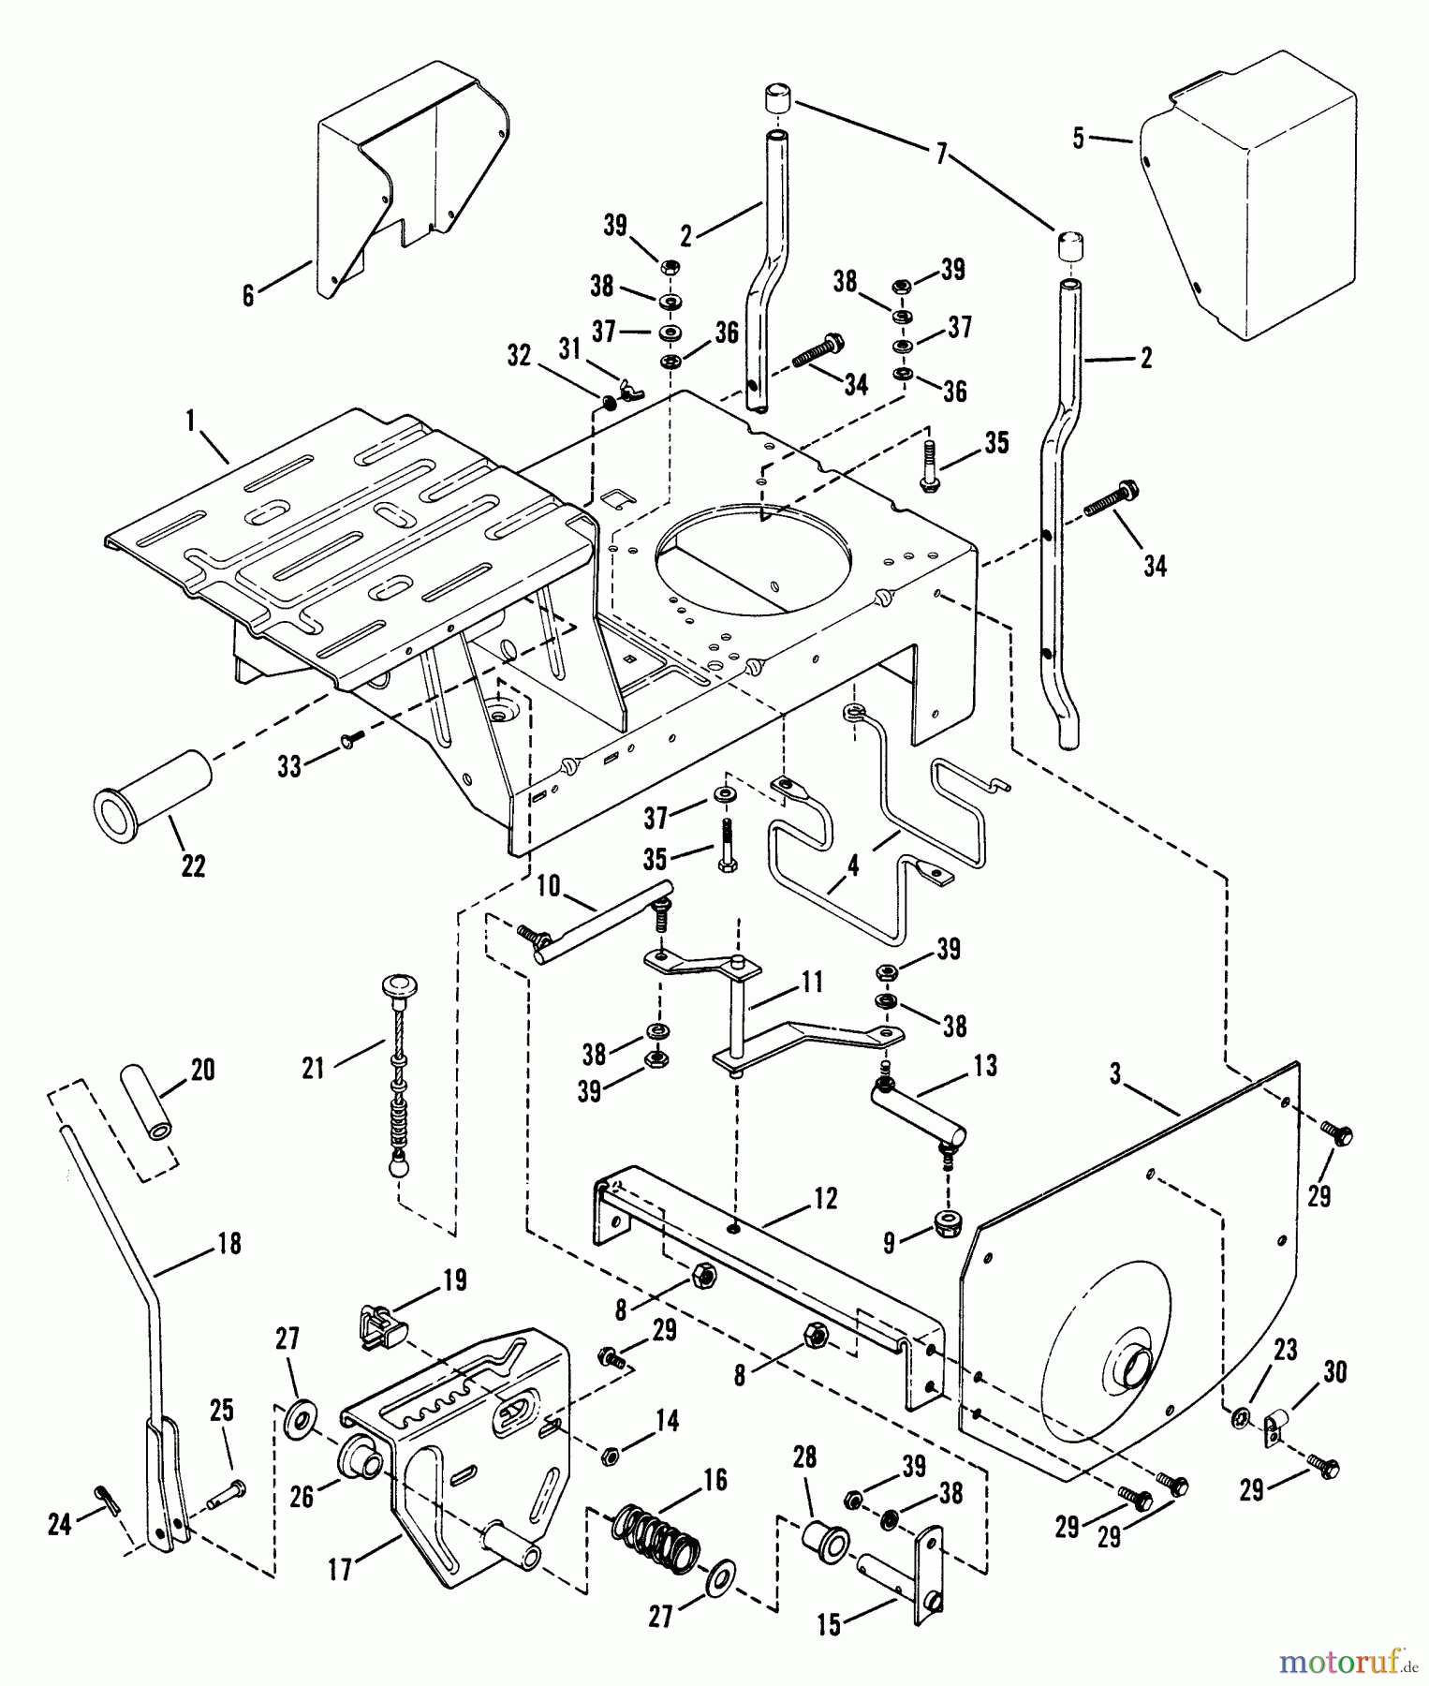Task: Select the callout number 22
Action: coord(193,866)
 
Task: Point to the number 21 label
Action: coord(313,1067)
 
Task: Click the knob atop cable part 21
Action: coord(398,986)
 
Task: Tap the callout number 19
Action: coord(454,1280)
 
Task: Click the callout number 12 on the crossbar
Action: coord(825,1199)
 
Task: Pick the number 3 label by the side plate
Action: coord(1115,1074)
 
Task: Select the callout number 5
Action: coord(1079,139)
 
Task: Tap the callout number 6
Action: coord(248,296)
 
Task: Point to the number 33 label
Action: coord(289,767)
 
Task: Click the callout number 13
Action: coord(985,1065)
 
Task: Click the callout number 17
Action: coord(340,1568)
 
